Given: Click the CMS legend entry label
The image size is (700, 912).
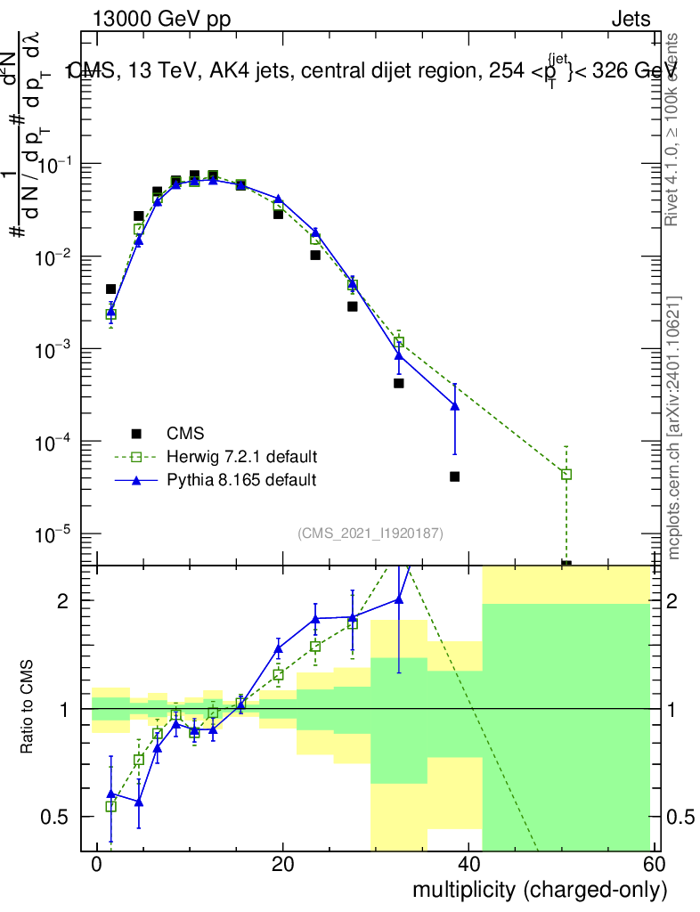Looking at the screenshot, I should click(185, 434).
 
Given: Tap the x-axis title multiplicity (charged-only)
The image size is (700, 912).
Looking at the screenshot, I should click(539, 889).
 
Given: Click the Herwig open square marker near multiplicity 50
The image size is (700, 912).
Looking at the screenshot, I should click(566, 475).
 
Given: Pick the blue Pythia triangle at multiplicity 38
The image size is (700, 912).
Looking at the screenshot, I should click(454, 406).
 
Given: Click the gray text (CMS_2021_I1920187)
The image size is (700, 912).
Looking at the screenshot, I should click(370, 533).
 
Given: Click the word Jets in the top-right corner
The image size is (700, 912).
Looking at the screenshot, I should click(631, 19).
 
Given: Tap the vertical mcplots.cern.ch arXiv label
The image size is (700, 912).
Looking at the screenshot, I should click(675, 427).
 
